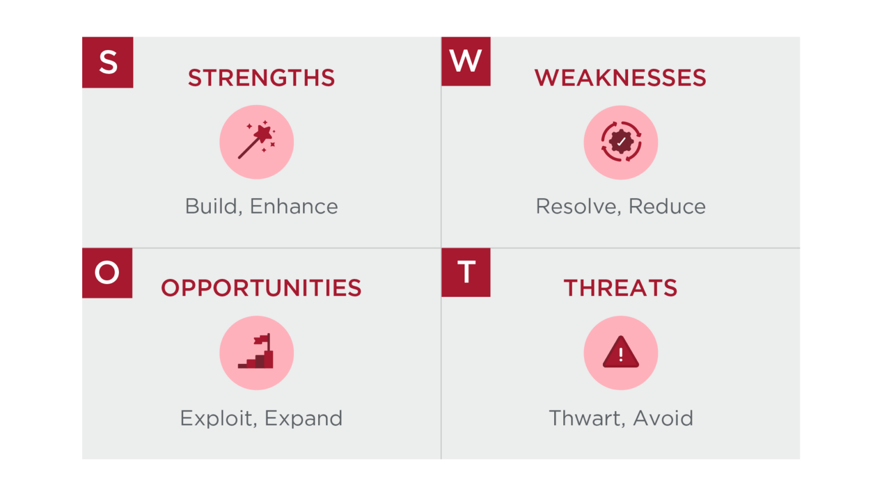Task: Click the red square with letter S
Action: click(x=107, y=62)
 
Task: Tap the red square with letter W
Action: click(x=466, y=61)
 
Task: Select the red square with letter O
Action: click(x=107, y=273)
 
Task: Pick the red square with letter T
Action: click(x=466, y=272)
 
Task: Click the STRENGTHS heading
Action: click(x=261, y=78)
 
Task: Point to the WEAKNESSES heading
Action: click(x=620, y=78)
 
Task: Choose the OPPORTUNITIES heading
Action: click(x=261, y=288)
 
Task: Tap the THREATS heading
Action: click(x=620, y=288)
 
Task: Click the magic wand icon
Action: click(x=257, y=141)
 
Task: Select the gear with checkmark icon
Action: click(x=621, y=142)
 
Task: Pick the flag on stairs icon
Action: click(x=257, y=352)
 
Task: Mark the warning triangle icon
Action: click(x=621, y=352)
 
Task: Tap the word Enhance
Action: click(x=293, y=207)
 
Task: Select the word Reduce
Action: click(x=667, y=207)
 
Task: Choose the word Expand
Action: click(x=303, y=418)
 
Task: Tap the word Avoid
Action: click(x=663, y=418)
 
